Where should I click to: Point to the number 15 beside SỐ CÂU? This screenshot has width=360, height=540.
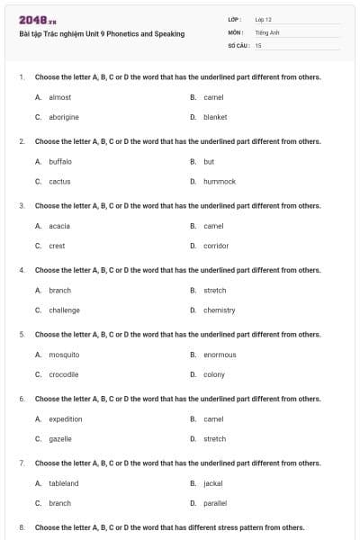point(258,44)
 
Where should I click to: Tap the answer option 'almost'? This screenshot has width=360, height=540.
point(59,97)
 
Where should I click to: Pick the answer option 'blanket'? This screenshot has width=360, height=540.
point(215,117)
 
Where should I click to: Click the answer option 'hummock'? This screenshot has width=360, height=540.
point(220,181)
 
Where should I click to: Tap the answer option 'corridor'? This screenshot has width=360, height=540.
point(216,246)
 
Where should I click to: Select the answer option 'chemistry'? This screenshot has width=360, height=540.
point(219,310)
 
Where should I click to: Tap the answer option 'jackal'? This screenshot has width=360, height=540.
point(213,483)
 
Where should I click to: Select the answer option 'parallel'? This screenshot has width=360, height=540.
point(215,503)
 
